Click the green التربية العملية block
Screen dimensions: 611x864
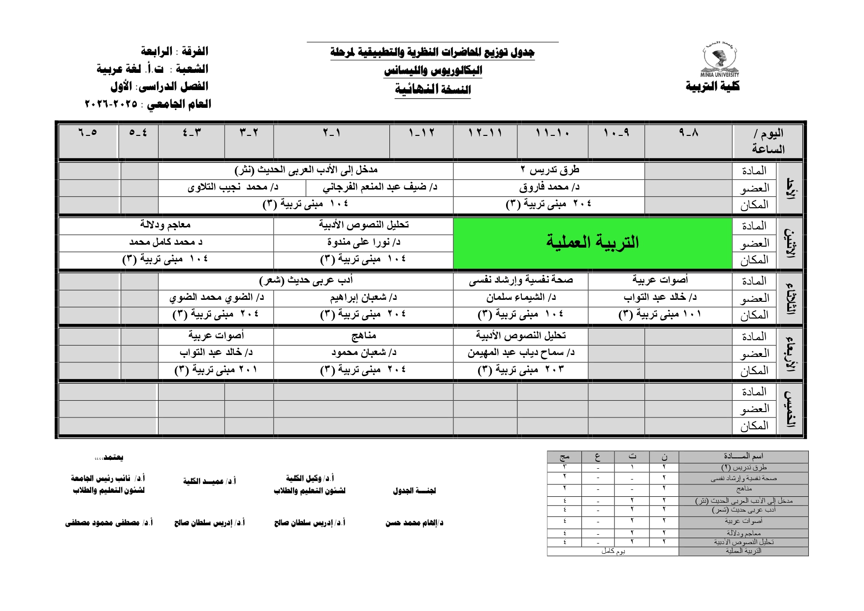[x=592, y=242]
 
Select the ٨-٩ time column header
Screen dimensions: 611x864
[x=688, y=132]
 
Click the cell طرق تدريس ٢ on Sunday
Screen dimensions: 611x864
[x=549, y=170]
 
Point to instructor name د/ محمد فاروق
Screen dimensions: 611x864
[x=549, y=187]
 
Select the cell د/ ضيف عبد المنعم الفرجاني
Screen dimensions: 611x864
[x=380, y=187]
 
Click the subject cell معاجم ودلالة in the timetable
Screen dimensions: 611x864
[x=165, y=225]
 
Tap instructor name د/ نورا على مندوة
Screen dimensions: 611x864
[x=363, y=242]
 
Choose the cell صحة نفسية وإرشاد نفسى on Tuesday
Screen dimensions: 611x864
[x=520, y=281]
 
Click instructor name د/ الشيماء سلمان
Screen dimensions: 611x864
[x=520, y=297]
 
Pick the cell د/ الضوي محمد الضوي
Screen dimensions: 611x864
[x=216, y=297]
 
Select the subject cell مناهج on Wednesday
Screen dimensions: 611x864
[x=363, y=336]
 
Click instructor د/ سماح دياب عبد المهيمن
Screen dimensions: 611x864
[x=520, y=353]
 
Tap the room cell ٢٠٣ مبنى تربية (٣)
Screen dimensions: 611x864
[x=520, y=370]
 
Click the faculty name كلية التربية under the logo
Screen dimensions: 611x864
[x=712, y=87]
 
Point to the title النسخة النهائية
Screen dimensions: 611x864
[x=433, y=90]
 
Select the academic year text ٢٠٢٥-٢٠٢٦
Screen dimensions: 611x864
[x=112, y=104]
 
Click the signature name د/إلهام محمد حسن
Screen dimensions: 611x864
[x=414, y=523]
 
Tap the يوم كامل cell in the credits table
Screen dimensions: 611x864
[x=613, y=551]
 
